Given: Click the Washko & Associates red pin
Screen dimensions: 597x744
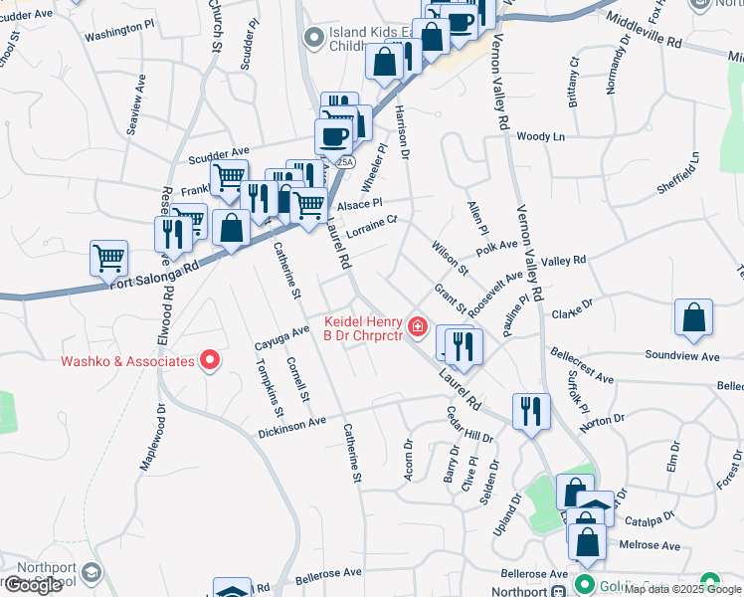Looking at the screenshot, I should tap(210, 360).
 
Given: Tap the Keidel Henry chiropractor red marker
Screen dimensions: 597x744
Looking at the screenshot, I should tap(418, 324).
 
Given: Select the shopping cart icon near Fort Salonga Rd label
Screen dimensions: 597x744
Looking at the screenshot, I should tap(108, 258).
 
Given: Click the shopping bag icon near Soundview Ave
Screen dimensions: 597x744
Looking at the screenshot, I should tap(693, 317).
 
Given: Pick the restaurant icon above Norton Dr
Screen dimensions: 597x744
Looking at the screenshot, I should tap(531, 411).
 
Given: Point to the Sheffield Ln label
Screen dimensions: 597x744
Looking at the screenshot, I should tap(678, 175).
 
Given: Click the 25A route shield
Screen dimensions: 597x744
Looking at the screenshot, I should tap(344, 161).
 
